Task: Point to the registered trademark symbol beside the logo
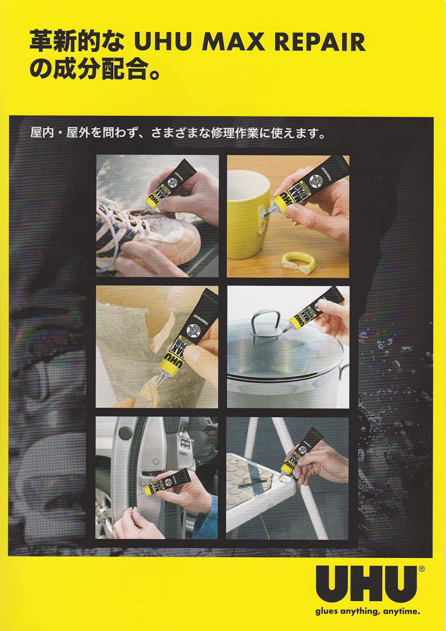click(x=421, y=568)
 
